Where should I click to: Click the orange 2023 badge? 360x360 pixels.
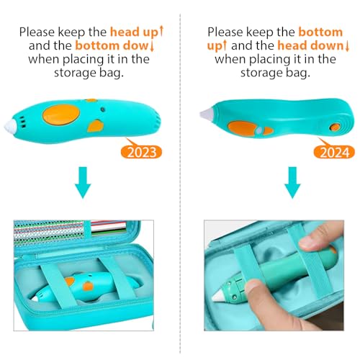(141, 152)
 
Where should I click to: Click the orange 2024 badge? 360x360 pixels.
(334, 152)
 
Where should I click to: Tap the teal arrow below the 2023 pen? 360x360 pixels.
(83, 182)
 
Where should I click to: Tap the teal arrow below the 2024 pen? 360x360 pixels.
(292, 182)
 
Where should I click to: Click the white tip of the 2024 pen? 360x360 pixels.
(205, 113)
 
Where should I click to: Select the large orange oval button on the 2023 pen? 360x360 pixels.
(61, 114)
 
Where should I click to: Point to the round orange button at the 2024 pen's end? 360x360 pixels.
(334, 127)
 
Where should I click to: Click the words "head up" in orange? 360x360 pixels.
(134, 32)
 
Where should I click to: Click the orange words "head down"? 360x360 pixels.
(311, 45)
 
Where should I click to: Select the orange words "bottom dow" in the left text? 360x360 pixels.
(112, 45)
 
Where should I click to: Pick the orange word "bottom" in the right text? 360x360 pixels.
(320, 32)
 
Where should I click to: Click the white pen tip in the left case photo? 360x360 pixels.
(35, 298)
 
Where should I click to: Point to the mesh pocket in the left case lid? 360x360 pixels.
(49, 232)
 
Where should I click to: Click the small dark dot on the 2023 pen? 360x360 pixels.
(103, 109)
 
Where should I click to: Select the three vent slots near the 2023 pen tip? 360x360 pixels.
(22, 122)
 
